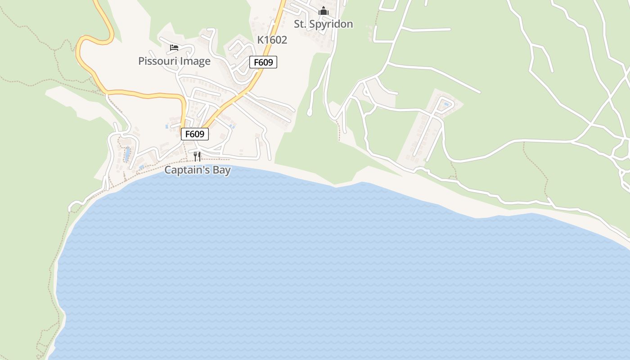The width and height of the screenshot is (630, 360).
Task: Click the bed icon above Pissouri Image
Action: pyautogui.click(x=174, y=47)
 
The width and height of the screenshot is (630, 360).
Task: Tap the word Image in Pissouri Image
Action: pyautogui.click(x=196, y=61)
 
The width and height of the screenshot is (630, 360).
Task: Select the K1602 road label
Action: pyautogui.click(x=272, y=40)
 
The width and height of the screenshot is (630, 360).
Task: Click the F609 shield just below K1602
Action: pyautogui.click(x=263, y=62)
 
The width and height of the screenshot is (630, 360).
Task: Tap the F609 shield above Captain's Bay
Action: pyautogui.click(x=195, y=134)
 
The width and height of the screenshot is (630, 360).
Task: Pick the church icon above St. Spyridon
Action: pyautogui.click(x=323, y=11)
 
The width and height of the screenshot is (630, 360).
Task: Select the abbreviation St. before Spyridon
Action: pyautogui.click(x=300, y=24)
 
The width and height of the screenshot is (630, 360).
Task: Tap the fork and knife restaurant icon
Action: pyautogui.click(x=197, y=156)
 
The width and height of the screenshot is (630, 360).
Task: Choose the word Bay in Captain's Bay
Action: pyautogui.click(x=222, y=170)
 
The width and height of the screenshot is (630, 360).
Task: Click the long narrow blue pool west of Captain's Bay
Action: pyautogui.click(x=127, y=153)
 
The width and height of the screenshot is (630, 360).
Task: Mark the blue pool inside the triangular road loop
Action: pyautogui.click(x=446, y=104)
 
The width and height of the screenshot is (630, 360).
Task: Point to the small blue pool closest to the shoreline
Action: pyautogui.click(x=142, y=167)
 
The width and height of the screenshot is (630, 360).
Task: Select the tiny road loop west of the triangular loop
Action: pyautogui.click(x=366, y=92)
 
